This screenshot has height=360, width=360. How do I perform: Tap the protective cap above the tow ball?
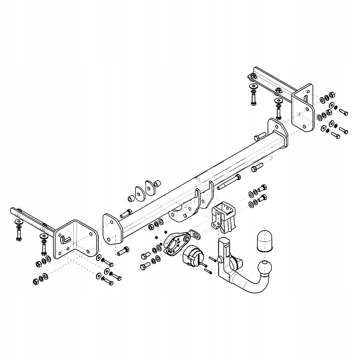[x=264, y=240]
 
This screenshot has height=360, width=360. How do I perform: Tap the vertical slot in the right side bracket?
[x=305, y=99]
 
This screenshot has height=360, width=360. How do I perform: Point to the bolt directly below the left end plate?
[x=123, y=251]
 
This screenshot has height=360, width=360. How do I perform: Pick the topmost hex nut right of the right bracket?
[x=332, y=95]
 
